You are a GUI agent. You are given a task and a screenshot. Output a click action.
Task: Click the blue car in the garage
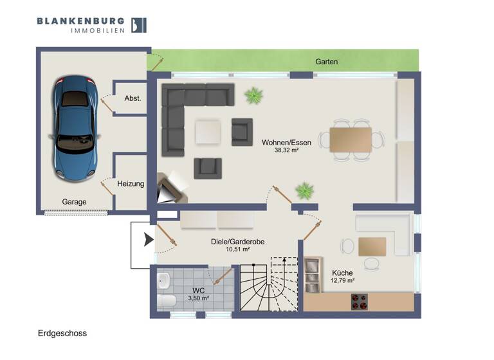pos(76,127)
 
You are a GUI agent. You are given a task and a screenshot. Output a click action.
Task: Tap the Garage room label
pos(74,202)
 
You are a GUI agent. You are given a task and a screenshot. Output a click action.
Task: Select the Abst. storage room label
pos(133,98)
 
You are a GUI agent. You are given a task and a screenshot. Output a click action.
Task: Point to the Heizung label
pos(131,184)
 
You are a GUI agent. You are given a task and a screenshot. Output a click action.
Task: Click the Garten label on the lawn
pos(326,62)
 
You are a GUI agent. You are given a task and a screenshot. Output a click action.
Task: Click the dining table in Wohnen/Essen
pos(351,139)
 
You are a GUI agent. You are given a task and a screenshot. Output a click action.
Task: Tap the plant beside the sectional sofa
pos(253,96)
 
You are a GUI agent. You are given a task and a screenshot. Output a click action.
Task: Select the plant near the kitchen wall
pos(304,190)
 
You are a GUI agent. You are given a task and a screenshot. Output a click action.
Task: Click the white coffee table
pos(208,132)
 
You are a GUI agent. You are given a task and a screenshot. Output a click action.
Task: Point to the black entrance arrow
pos(149,240)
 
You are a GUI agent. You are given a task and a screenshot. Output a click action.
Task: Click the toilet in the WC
pos(166,300)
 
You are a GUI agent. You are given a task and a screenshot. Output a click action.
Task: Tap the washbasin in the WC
pos(163,280)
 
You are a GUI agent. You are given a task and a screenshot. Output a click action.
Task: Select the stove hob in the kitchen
pos(359,301)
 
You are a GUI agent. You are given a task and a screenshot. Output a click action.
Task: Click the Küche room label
pos(342,273)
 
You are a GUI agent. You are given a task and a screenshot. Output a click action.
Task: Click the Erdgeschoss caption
pos(62,334)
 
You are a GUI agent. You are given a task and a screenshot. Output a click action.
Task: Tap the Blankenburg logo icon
pos(138,24)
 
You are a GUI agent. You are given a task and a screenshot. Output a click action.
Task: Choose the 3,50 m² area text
pos(197,298)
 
